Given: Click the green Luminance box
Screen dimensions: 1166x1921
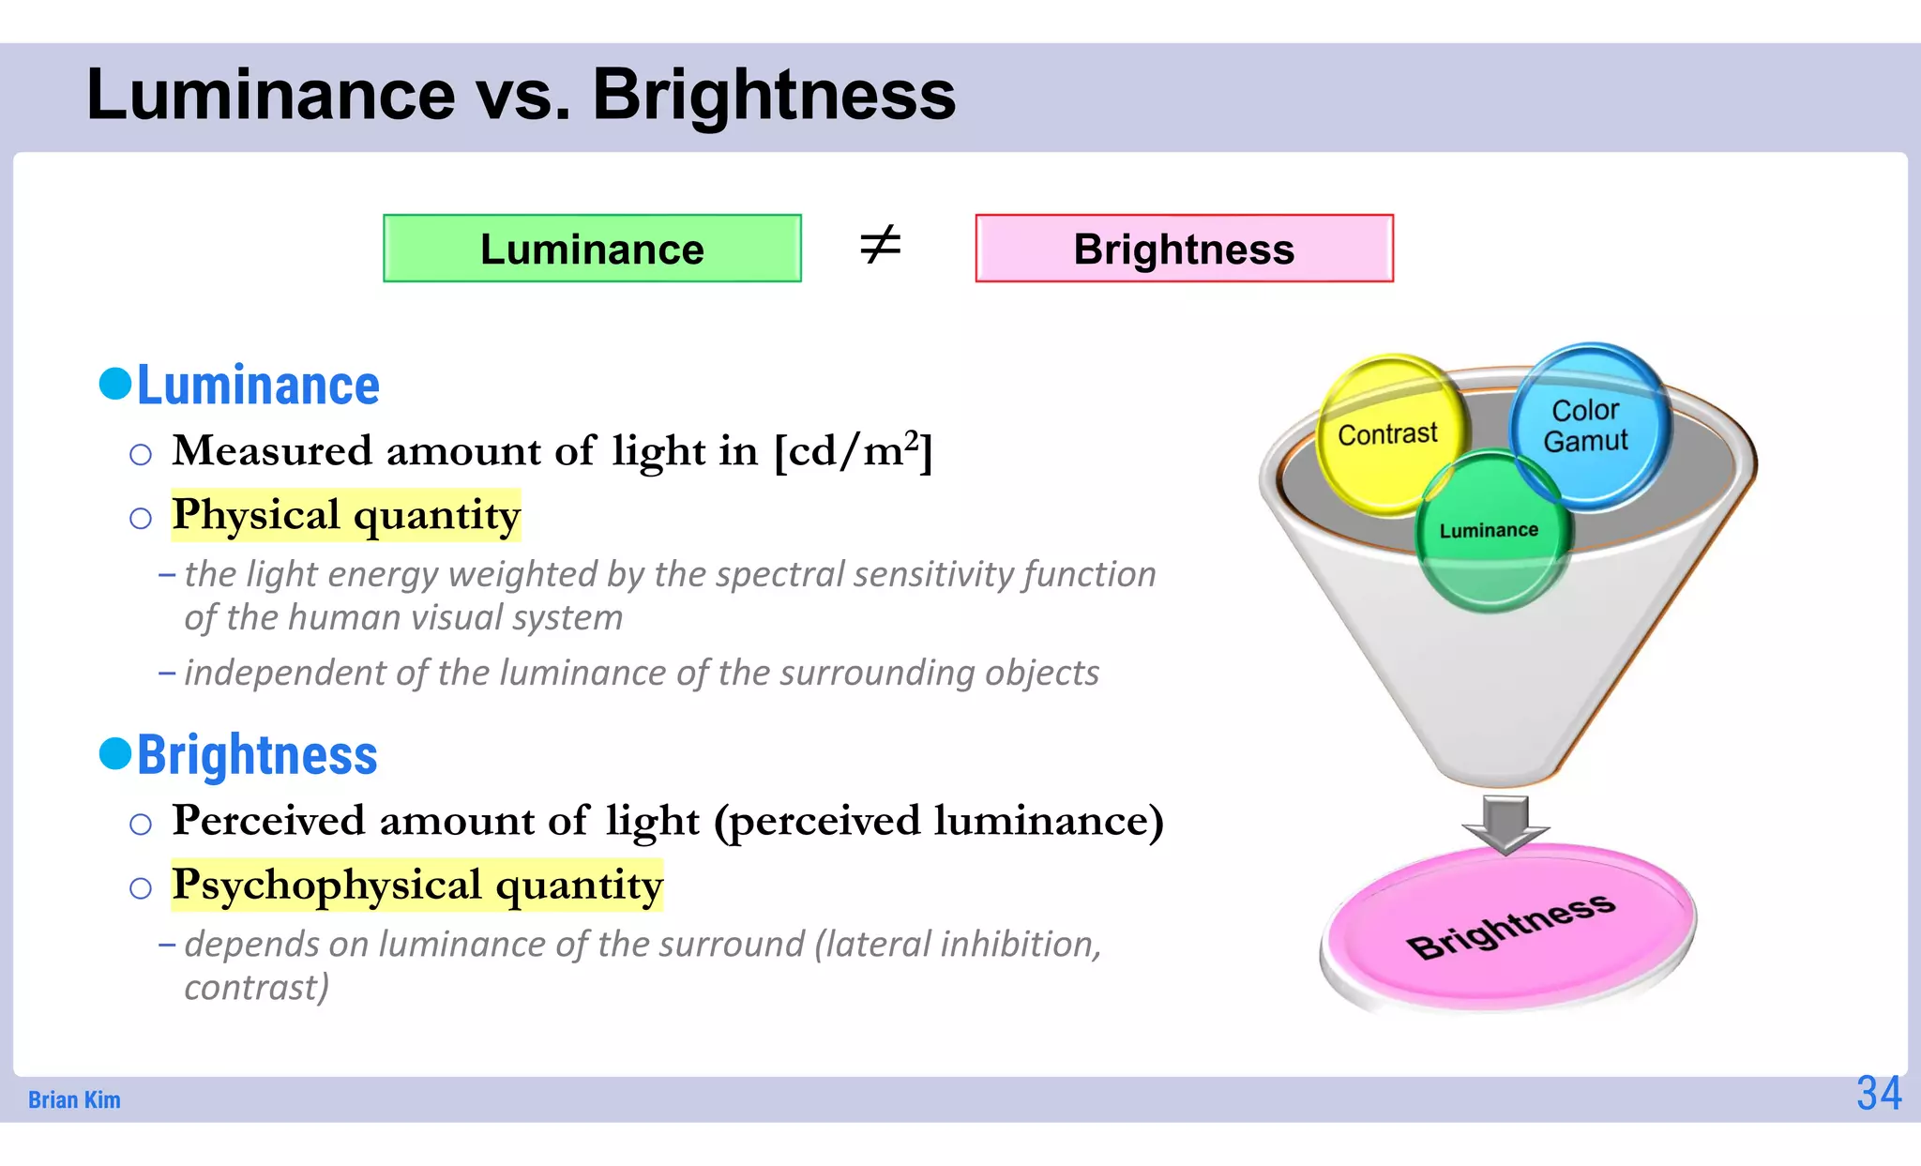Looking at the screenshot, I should (592, 249).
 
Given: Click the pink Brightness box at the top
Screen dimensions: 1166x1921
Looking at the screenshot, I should (1184, 249).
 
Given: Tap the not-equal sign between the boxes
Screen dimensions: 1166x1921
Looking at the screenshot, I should (880, 246).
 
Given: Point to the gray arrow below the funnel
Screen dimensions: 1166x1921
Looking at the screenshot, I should (1505, 824).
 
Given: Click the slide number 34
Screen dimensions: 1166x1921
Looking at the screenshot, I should (1879, 1093).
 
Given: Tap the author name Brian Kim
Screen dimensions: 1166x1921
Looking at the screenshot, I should (74, 1099).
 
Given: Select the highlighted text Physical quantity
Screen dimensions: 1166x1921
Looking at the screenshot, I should (346, 515).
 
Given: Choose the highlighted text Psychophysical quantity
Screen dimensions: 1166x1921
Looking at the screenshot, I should (417, 885).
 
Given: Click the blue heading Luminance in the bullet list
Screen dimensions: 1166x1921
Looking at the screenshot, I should (258, 386).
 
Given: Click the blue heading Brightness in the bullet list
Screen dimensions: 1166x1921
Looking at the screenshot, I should (257, 755).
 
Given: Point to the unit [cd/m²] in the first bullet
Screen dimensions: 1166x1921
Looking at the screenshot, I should (853, 451).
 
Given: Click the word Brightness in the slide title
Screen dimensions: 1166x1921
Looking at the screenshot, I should (773, 95).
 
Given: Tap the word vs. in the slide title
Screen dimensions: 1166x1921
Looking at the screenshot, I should (523, 95).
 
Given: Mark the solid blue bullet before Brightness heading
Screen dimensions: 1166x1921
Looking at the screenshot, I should (115, 752).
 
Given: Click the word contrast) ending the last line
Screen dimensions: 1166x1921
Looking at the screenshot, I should (256, 987).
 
